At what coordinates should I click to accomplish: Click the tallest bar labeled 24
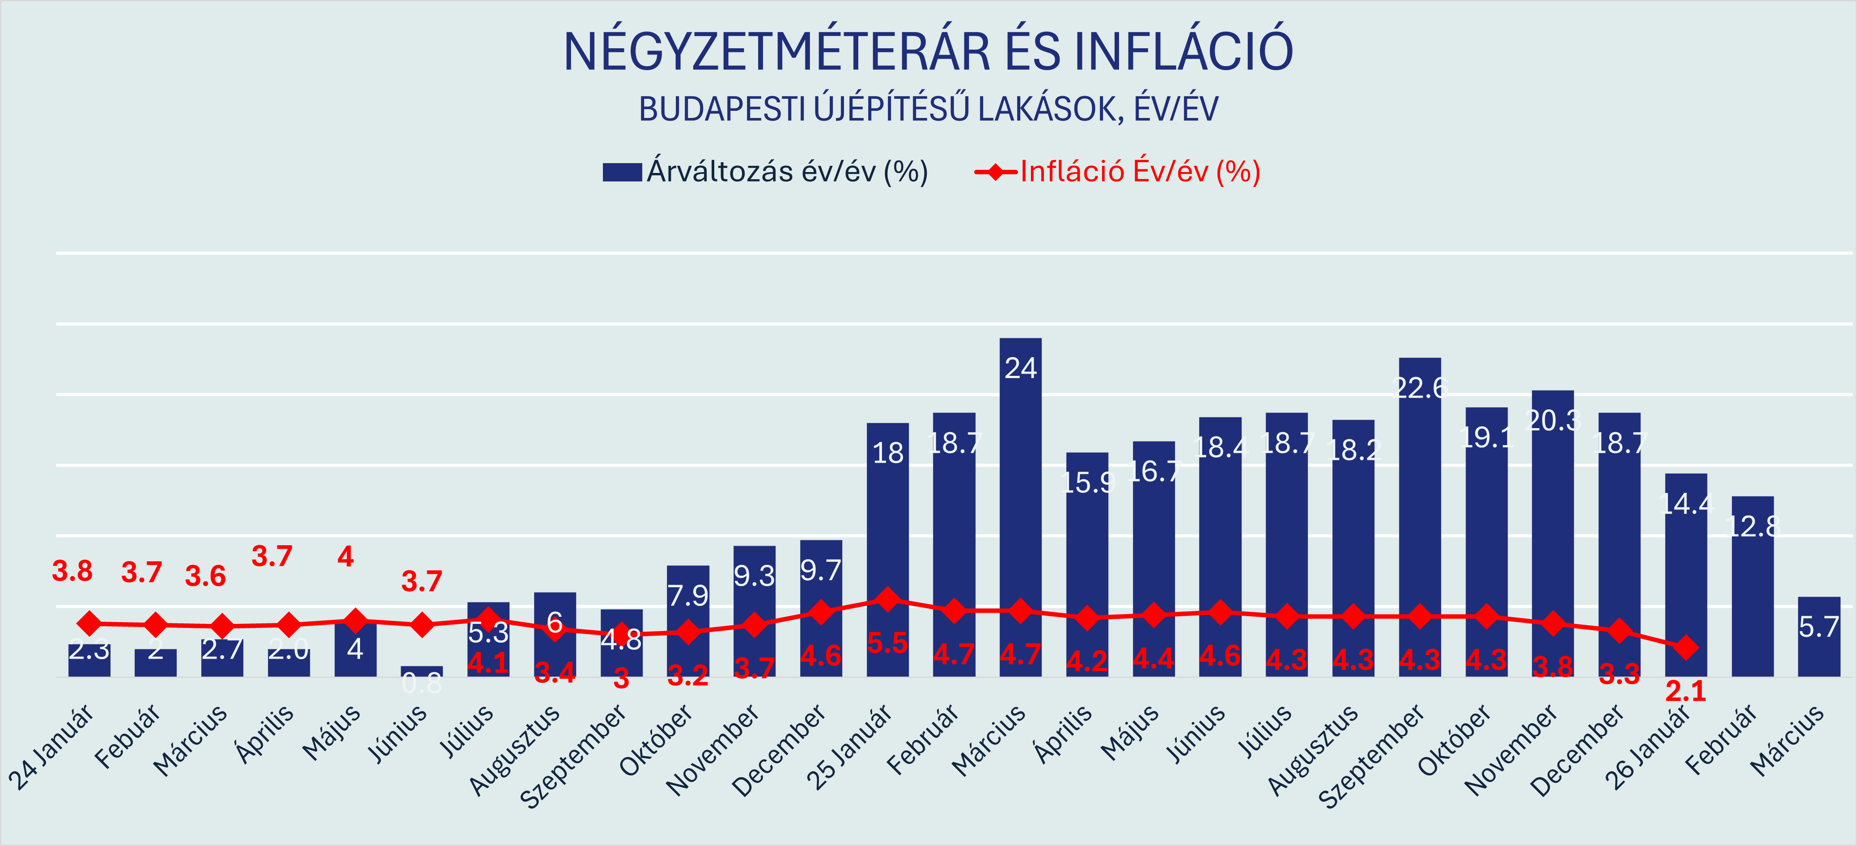(x=1020, y=505)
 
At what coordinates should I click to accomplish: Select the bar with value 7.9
(x=688, y=620)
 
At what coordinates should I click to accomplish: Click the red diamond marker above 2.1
(x=1685, y=647)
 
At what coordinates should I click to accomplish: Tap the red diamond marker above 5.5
(x=887, y=599)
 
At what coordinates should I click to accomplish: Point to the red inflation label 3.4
(x=554, y=672)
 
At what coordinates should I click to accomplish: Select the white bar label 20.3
(x=1553, y=420)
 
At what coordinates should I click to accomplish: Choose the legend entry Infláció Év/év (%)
(x=1117, y=172)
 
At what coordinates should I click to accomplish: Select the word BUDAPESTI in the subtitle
(x=721, y=109)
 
